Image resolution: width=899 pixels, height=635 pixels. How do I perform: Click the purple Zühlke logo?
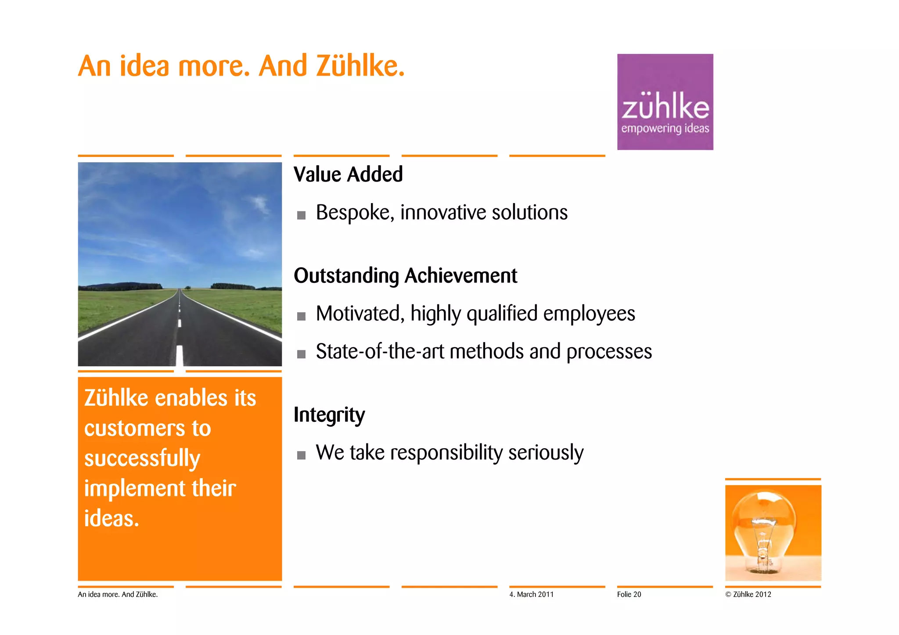coord(665,102)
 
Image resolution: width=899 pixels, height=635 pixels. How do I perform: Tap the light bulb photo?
coord(773,532)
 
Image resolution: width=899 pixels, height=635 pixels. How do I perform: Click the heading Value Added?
coord(348,175)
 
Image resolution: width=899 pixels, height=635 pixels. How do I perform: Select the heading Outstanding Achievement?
coord(405,276)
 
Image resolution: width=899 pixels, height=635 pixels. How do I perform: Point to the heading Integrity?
coord(329,415)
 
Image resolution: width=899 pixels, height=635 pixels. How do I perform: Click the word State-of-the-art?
coord(380,352)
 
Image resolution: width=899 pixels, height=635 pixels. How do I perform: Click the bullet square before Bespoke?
coord(301,215)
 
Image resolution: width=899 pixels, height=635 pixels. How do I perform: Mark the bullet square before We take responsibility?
coord(301,455)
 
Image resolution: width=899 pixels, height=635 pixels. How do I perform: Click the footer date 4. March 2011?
coord(531,595)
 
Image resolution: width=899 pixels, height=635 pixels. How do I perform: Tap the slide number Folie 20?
coord(629,595)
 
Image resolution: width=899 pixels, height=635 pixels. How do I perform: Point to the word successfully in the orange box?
coord(142,459)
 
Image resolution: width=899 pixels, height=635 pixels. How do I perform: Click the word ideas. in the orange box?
coord(111,518)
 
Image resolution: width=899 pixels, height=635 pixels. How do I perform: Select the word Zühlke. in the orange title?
coord(360,66)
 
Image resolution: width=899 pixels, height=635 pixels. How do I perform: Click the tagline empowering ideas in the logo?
coord(665,128)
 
